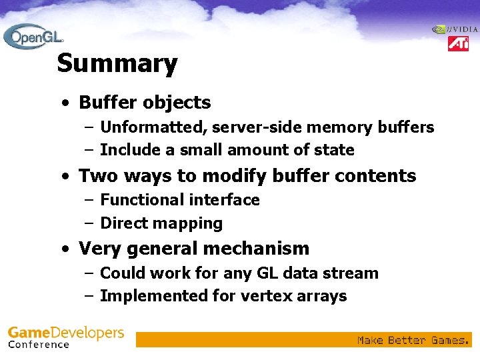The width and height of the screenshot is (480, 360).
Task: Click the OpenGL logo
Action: pyautogui.click(x=33, y=36)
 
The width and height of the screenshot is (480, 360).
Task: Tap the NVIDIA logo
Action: pyautogui.click(x=455, y=29)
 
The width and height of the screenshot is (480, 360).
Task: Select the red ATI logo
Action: pyautogui.click(x=458, y=44)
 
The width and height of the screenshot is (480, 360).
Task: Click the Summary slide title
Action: pyautogui.click(x=117, y=64)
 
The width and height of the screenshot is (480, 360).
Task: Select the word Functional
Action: pyautogui.click(x=142, y=200)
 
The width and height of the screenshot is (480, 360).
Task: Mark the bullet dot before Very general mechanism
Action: pyautogui.click(x=64, y=249)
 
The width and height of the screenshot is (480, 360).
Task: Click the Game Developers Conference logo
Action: pyautogui.click(x=65, y=337)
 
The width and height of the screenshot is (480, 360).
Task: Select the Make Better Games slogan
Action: pyautogui.click(x=411, y=340)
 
